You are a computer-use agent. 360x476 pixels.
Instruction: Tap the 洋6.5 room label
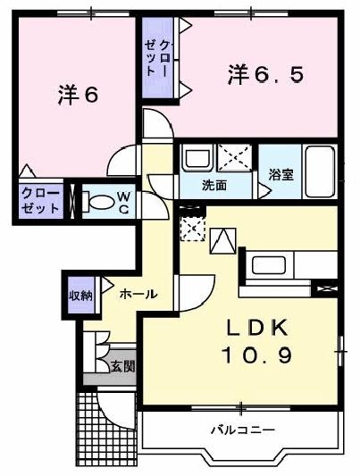265,75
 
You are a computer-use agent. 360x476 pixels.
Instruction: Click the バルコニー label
242,430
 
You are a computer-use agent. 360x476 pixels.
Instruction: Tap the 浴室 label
281,175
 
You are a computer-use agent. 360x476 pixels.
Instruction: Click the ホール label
138,293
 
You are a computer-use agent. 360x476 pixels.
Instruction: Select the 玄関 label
123,366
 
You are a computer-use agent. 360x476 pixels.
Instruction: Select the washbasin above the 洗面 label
196,160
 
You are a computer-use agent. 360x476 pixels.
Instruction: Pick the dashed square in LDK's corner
191,230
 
